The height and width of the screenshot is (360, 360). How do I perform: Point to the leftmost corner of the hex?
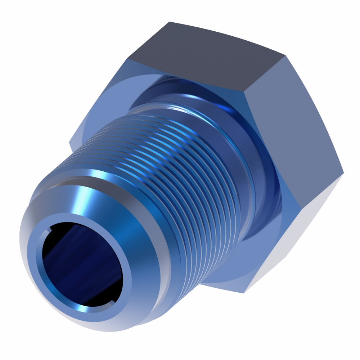[70, 140]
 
